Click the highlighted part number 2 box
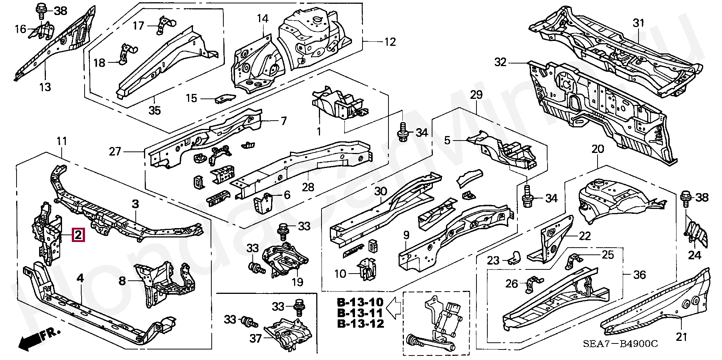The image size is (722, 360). pyautogui.click(x=78, y=235)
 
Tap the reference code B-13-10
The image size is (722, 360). pyautogui.click(x=360, y=302)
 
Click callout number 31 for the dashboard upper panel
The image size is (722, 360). pyautogui.click(x=638, y=23)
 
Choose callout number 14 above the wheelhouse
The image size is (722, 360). pyautogui.click(x=263, y=18)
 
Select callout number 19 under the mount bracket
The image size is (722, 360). pyautogui.click(x=297, y=282)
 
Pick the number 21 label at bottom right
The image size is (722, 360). pyautogui.click(x=681, y=337)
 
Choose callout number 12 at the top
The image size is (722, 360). pyautogui.click(x=390, y=42)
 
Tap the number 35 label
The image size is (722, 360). pyautogui.click(x=155, y=110)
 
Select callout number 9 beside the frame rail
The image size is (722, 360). pyautogui.click(x=406, y=236)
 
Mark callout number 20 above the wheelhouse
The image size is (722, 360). pyautogui.click(x=598, y=149)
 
